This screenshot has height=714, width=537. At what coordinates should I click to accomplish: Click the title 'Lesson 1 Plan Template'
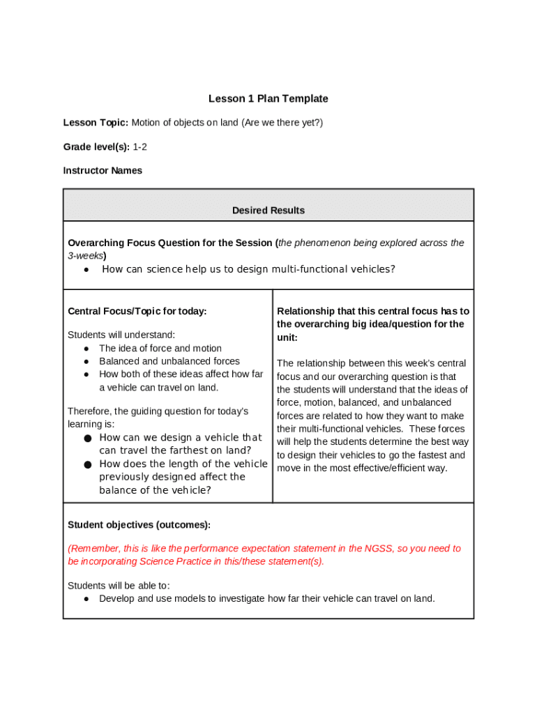[x=268, y=99]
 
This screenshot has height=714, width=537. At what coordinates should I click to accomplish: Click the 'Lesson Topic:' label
[x=96, y=123]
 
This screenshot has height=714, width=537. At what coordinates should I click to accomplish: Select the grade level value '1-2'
[x=139, y=146]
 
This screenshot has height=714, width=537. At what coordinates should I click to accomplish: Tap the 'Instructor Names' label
[x=103, y=170]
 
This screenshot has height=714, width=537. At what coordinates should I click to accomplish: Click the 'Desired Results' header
[x=268, y=210]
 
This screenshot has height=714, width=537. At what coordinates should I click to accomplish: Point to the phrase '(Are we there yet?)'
[x=282, y=123]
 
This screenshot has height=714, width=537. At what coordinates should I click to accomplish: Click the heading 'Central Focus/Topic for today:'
[x=137, y=311]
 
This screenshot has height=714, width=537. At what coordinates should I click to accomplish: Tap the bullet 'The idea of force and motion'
[x=160, y=348]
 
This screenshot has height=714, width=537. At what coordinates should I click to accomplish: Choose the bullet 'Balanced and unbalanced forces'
[x=169, y=361]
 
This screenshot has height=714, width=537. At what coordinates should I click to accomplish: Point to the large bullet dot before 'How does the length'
[x=87, y=464]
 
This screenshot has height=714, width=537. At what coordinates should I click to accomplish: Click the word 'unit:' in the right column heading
[x=287, y=337]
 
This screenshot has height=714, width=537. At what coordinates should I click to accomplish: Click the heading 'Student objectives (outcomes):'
[x=139, y=524]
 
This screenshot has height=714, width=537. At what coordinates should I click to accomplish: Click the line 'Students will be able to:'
[x=119, y=585]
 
